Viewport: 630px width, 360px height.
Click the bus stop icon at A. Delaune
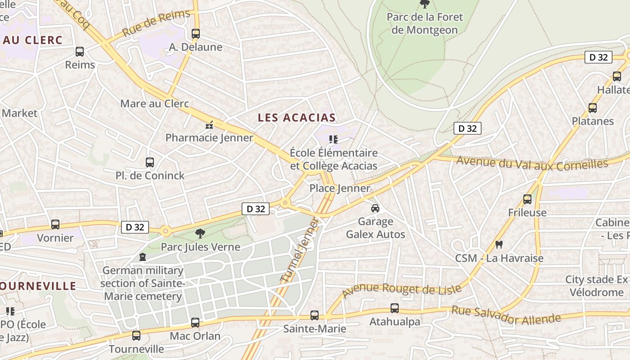(x=195, y=34)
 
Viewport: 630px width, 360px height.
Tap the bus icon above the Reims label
(x=80, y=52)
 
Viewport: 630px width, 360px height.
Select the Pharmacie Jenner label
(x=209, y=138)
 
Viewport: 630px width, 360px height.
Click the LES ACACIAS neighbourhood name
(x=297, y=118)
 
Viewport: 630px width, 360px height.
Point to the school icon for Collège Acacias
(x=333, y=139)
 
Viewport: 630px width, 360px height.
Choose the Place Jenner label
(x=340, y=188)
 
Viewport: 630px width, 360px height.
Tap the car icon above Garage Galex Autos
(x=375, y=208)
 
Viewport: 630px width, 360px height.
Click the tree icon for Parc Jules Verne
(x=200, y=234)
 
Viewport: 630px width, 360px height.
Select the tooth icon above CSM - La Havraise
(x=499, y=245)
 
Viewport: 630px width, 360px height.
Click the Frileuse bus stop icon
(x=527, y=199)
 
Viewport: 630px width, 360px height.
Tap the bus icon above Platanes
(x=593, y=108)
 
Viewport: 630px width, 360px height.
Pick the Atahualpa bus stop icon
(x=394, y=308)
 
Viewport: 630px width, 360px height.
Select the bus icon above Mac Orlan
(x=195, y=323)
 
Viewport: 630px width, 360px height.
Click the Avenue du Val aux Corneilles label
(x=532, y=163)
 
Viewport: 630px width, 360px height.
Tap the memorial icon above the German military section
(x=143, y=257)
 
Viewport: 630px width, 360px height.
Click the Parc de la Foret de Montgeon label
(x=424, y=24)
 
